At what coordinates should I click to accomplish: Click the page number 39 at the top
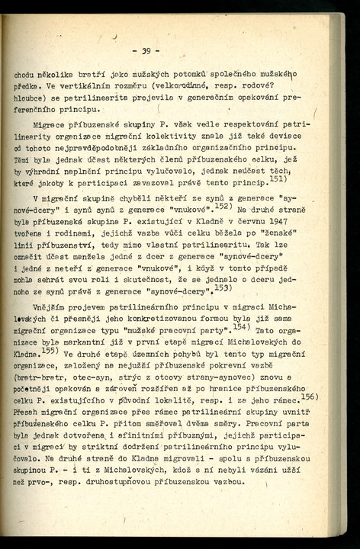146,52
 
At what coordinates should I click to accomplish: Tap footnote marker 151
277,179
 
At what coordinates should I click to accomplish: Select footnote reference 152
223,205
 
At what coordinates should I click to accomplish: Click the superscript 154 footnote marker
242,327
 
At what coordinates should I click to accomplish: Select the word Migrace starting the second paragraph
50,123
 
